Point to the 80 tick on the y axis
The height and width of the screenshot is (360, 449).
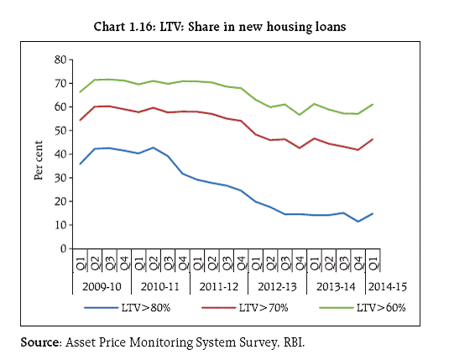click(x=60, y=60)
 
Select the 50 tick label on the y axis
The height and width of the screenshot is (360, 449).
click(x=60, y=131)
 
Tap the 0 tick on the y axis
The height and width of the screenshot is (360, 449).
click(x=63, y=248)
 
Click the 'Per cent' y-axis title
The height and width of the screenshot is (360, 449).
click(x=39, y=160)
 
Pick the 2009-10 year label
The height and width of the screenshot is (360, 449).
click(x=102, y=286)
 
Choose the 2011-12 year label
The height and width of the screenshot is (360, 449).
click(x=219, y=286)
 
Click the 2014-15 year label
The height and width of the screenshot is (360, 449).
click(x=388, y=286)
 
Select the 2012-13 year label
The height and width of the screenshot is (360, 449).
click(x=277, y=286)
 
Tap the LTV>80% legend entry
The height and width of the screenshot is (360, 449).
click(x=128, y=308)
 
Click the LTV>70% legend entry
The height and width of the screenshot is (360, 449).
click(x=245, y=308)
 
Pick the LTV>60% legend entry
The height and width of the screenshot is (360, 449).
click(x=363, y=308)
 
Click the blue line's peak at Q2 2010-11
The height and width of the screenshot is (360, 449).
click(x=154, y=148)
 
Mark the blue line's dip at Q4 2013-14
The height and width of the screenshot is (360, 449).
click(x=358, y=222)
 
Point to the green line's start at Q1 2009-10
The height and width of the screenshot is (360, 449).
click(x=81, y=92)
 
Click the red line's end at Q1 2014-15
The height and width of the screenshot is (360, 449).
click(x=373, y=139)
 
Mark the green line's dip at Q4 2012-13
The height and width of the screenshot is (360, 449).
click(x=300, y=115)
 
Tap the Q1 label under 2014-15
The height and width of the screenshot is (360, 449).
click(x=373, y=263)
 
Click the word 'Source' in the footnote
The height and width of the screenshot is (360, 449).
click(x=39, y=342)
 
